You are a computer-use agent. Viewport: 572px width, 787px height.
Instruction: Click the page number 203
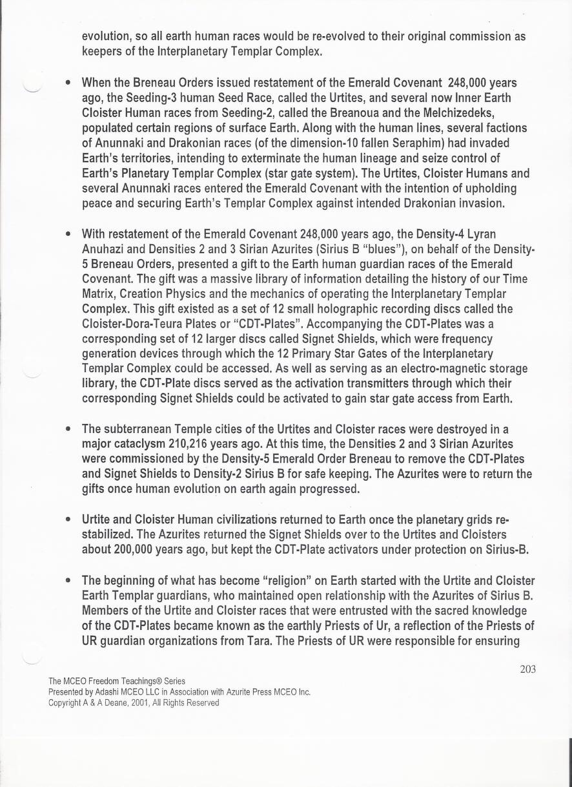point(527,669)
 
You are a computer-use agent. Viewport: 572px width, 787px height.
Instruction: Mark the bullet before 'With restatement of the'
point(68,233)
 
